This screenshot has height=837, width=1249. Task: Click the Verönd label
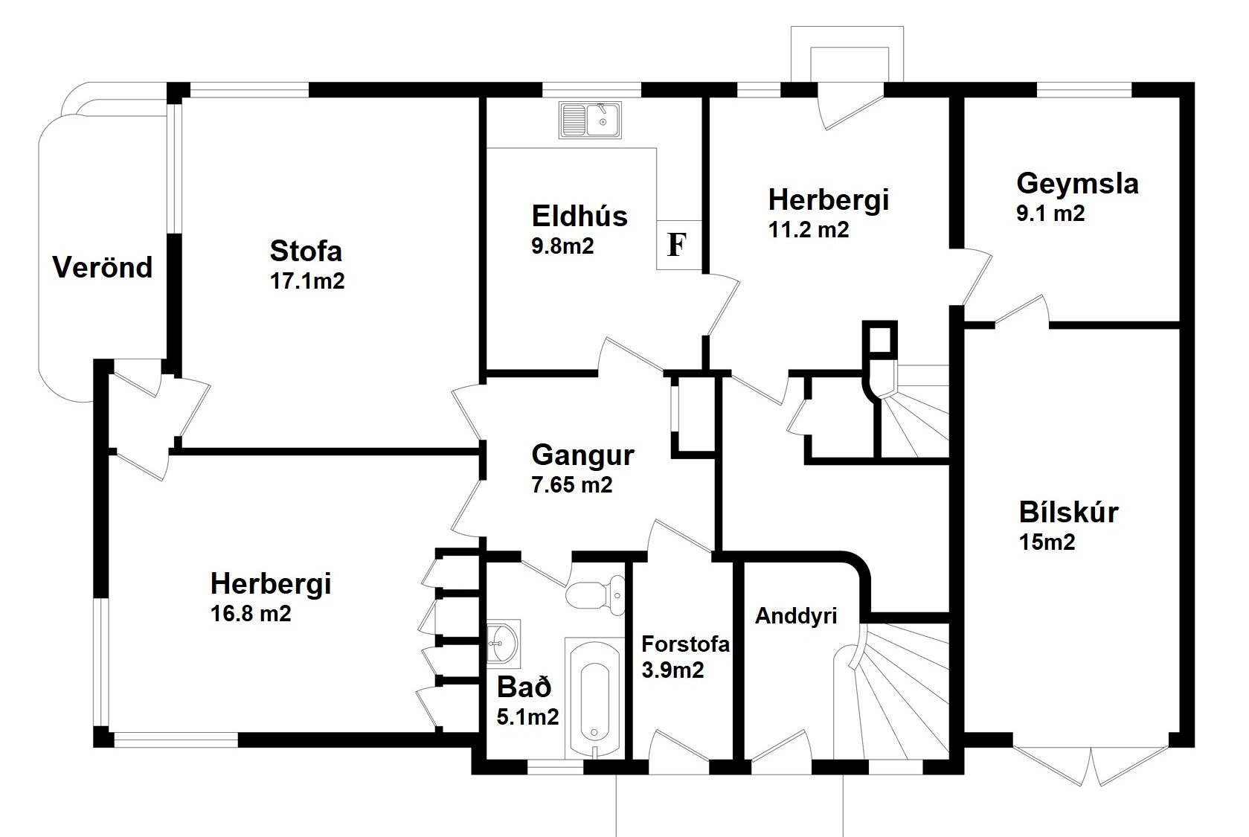(103, 267)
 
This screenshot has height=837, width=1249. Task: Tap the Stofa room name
(306, 251)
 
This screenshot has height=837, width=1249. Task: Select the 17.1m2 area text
(307, 281)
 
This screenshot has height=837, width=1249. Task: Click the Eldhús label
(579, 216)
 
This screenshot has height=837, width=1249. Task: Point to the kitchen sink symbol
(590, 120)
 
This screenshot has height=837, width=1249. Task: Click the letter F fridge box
(678, 246)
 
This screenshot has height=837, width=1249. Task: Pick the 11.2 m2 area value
(809, 230)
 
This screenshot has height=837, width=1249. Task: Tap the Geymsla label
(1077, 184)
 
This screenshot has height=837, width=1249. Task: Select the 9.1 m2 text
(1050, 214)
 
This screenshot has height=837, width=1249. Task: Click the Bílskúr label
(1068, 513)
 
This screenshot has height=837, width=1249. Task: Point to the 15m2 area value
(1047, 542)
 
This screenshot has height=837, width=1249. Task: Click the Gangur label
(582, 455)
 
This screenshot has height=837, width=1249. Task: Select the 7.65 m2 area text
(572, 485)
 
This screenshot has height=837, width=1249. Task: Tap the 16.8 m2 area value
(251, 614)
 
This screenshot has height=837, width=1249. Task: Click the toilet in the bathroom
(596, 594)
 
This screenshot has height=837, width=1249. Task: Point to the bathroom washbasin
(504, 643)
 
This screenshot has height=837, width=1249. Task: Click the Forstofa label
(685, 644)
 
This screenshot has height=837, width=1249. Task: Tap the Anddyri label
(796, 615)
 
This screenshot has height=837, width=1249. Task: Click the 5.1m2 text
(527, 717)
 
